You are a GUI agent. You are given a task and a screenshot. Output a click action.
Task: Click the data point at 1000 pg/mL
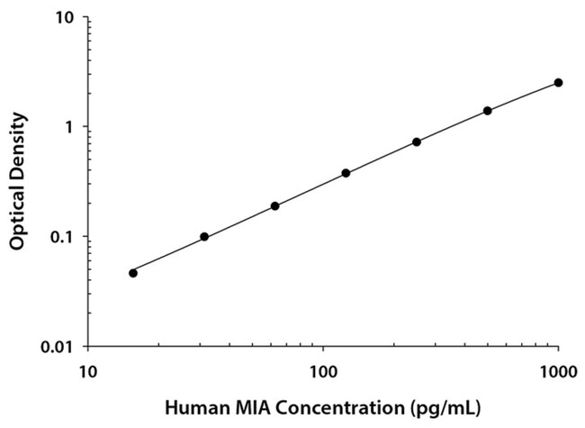(x=558, y=82)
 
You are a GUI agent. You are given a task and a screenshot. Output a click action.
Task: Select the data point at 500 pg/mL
(x=487, y=111)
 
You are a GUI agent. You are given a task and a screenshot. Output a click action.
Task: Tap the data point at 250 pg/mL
(x=417, y=141)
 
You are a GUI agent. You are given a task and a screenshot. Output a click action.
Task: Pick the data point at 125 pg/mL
(x=346, y=173)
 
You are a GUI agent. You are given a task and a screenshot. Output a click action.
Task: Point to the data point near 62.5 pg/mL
(x=274, y=205)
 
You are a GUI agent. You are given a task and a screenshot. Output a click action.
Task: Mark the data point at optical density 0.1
(x=204, y=237)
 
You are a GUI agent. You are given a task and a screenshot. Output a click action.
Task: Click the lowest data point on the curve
(x=133, y=272)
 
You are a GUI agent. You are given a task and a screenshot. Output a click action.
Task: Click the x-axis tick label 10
(x=87, y=369)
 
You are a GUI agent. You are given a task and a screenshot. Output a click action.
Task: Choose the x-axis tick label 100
(x=322, y=369)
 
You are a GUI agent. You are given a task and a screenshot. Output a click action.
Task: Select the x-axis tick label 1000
(x=558, y=369)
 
